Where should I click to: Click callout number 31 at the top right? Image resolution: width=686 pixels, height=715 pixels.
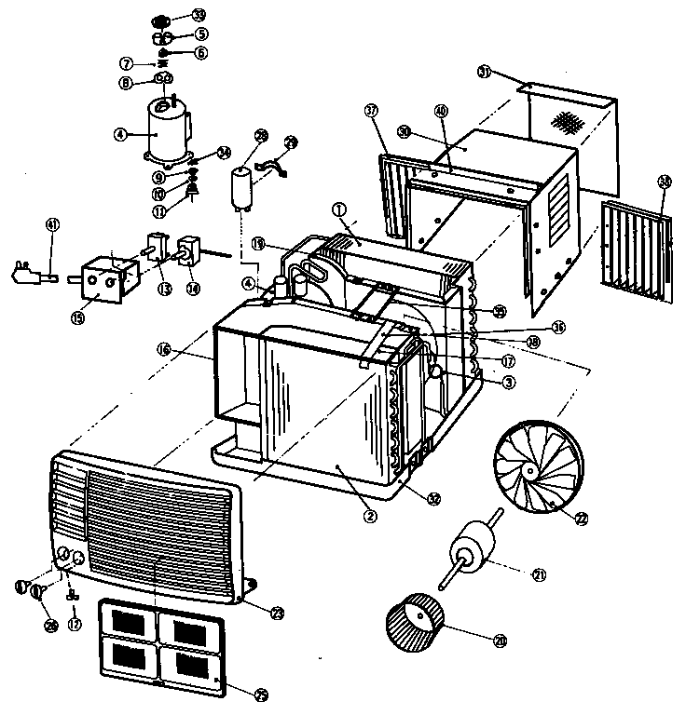pyautogui.click(x=484, y=72)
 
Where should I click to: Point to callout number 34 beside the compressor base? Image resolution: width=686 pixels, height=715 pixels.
pyautogui.click(x=223, y=153)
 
